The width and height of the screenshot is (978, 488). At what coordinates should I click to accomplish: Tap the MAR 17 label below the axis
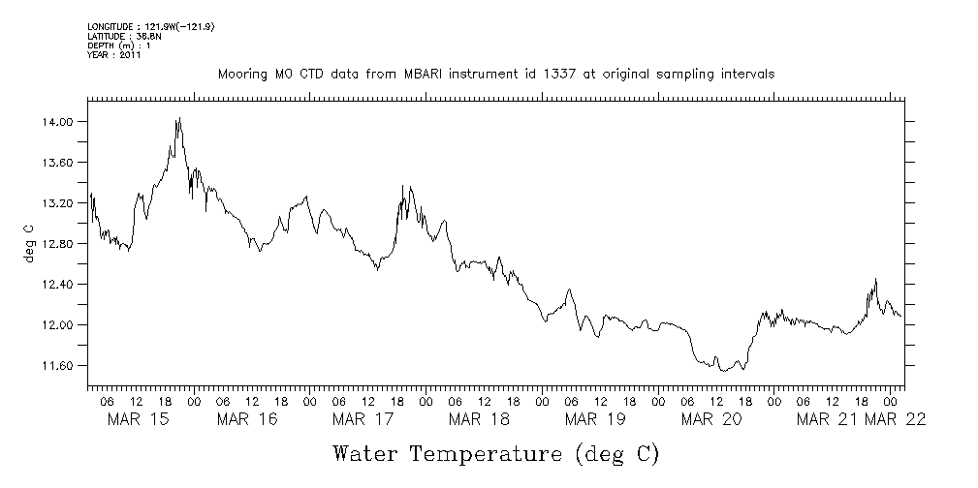pos(363,419)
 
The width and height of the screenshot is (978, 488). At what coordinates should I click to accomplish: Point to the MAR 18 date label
pos(480,419)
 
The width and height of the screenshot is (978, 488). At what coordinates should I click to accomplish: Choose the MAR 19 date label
pos(595,419)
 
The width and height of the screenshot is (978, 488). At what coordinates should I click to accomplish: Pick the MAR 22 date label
pos(896,419)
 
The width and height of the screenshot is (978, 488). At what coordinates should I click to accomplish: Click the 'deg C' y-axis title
pos(29,243)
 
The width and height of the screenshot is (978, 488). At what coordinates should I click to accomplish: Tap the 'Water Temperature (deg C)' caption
pos(497,454)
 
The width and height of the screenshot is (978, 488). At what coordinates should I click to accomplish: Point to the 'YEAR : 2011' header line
pos(114,55)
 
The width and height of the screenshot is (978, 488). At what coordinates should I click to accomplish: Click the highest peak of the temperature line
pos(179,118)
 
